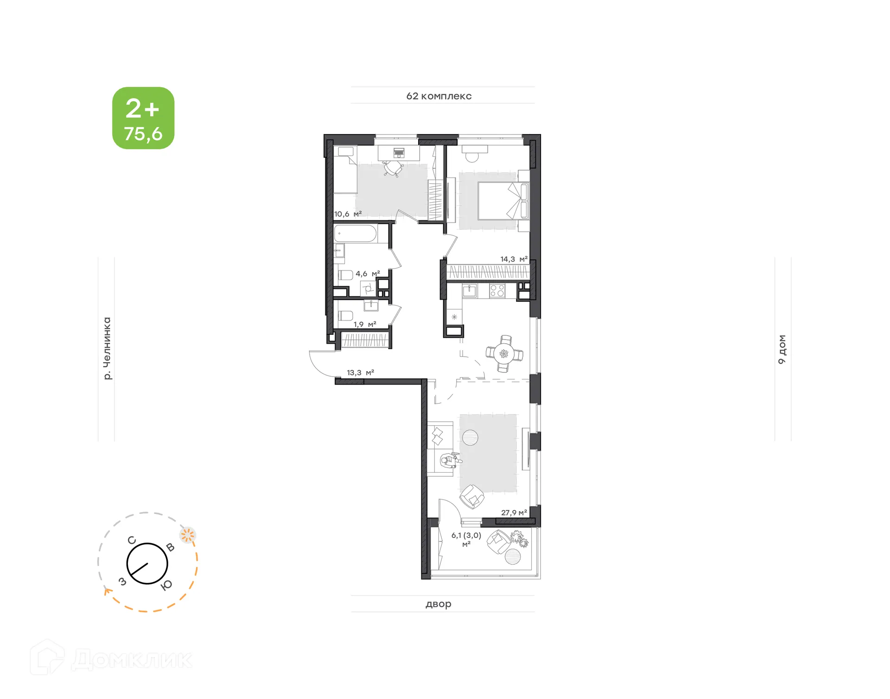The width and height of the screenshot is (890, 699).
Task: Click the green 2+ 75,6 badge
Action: click(143, 118)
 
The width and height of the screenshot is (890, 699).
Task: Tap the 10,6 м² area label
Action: click(348, 214)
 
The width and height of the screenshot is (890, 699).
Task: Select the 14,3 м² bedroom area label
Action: click(514, 259)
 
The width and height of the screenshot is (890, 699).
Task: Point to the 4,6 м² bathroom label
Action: click(368, 274)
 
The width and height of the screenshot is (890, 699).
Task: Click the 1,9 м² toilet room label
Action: click(365, 324)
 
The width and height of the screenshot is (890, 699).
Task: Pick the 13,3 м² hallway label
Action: click(360, 372)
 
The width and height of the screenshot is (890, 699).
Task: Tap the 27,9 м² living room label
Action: click(514, 513)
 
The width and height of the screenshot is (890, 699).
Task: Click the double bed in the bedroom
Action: click(502, 201)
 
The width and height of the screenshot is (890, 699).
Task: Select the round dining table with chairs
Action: click(504, 354)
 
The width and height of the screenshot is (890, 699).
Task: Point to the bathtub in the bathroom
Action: click(356, 233)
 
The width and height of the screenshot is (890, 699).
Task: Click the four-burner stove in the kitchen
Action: click(497, 291)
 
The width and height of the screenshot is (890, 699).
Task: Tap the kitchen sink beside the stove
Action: click(470, 291)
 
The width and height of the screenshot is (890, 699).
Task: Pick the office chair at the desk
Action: click(393, 168)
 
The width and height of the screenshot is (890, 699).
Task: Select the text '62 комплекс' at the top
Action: click(439, 96)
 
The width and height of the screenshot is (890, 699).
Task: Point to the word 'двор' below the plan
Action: click(439, 604)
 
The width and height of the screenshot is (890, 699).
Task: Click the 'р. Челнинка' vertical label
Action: click(107, 349)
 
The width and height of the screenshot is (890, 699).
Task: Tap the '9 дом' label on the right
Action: click(782, 349)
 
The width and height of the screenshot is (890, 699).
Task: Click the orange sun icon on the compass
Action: click(187, 535)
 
